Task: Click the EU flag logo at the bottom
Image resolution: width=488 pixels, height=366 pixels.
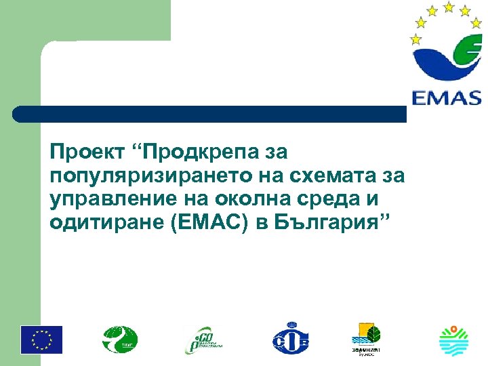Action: pos(41,340)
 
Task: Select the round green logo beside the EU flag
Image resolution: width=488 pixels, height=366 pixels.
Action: pos(120,340)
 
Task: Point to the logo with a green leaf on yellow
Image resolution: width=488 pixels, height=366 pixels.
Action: pos(366,335)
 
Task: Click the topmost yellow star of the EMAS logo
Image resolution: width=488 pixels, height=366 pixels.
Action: pos(448,7)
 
